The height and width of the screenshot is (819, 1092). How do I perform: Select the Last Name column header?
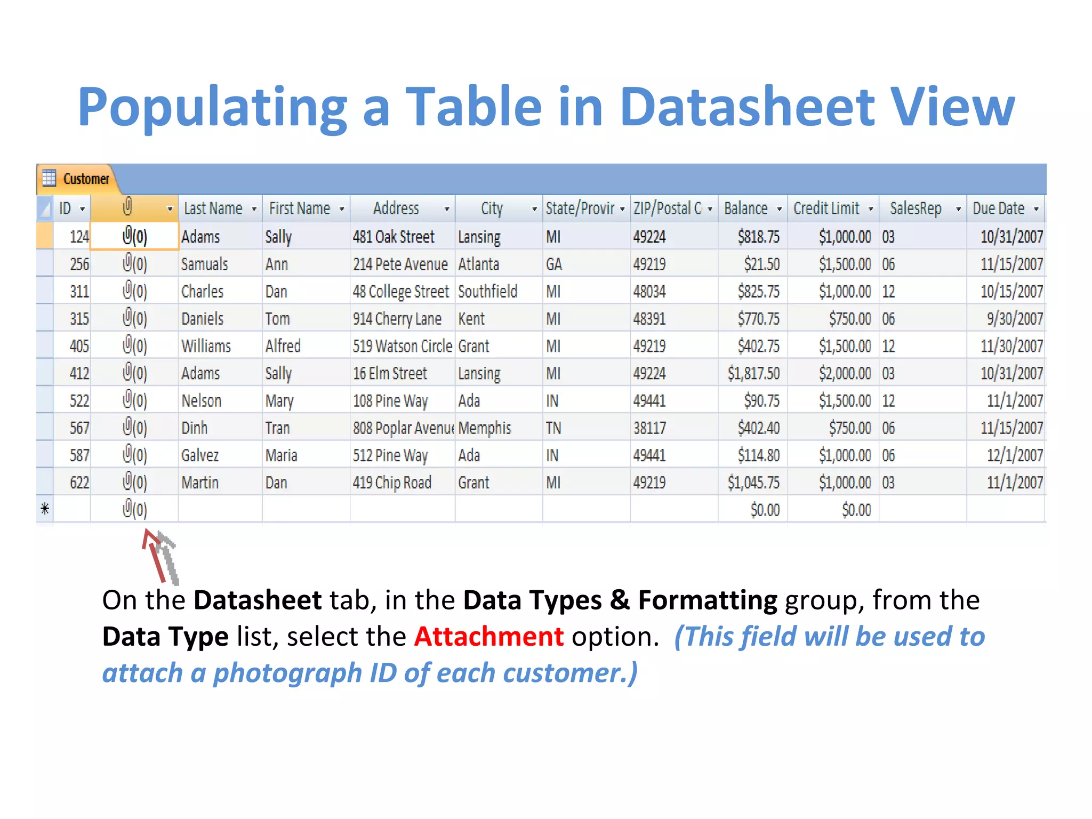[x=213, y=208]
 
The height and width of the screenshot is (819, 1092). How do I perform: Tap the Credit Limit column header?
[x=826, y=208]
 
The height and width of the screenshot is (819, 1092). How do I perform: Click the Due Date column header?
[x=998, y=208]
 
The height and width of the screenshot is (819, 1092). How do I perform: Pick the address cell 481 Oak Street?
[x=394, y=237]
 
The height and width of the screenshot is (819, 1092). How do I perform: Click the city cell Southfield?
[x=487, y=292]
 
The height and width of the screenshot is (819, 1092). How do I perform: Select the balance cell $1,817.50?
[x=753, y=373]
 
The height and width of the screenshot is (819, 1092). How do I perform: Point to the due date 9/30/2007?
[x=1014, y=319]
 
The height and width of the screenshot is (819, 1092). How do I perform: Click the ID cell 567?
[x=79, y=428]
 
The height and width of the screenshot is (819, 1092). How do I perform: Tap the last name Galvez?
[x=200, y=455]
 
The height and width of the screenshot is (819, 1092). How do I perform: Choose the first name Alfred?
[x=283, y=346]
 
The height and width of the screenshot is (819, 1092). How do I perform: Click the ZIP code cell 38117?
[x=649, y=428]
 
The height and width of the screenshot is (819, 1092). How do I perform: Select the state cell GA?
[x=553, y=264]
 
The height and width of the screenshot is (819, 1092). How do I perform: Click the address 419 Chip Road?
[x=392, y=483]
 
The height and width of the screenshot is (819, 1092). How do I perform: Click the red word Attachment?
[x=488, y=636]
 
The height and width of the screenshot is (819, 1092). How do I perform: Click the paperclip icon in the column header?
[x=127, y=207]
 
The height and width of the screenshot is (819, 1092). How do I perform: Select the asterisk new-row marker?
[x=45, y=509]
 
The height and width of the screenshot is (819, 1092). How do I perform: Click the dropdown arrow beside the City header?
[x=534, y=210]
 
